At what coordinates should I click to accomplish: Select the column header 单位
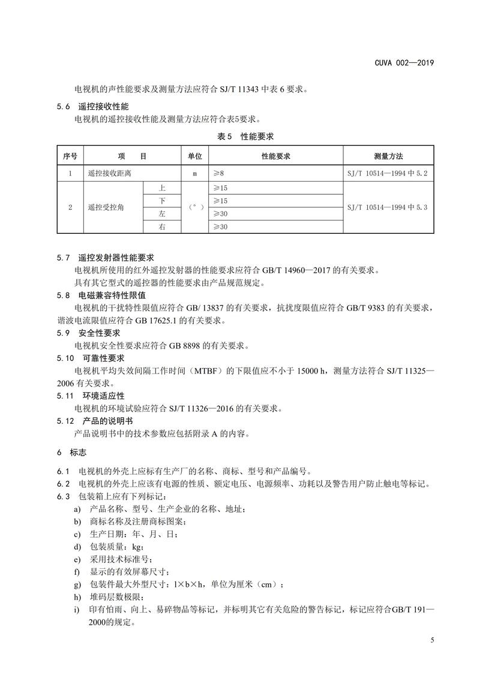tap(194, 156)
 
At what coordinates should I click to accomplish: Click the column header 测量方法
tap(388, 156)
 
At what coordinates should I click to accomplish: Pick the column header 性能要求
tap(275, 156)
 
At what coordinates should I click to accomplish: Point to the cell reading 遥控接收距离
tap(109, 173)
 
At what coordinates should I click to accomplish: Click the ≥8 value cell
tap(218, 173)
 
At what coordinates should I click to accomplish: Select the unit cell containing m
tap(194, 173)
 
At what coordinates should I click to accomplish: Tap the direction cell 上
tap(162, 188)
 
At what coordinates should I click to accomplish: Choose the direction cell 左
tap(162, 213)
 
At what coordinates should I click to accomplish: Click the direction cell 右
tap(162, 227)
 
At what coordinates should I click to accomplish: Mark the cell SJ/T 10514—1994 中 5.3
tap(388, 207)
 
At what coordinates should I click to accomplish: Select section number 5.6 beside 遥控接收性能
tap(64, 106)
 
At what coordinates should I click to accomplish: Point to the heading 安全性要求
tap(100, 333)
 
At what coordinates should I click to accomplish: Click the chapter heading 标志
tap(79, 451)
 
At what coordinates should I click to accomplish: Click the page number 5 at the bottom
tap(433, 640)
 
